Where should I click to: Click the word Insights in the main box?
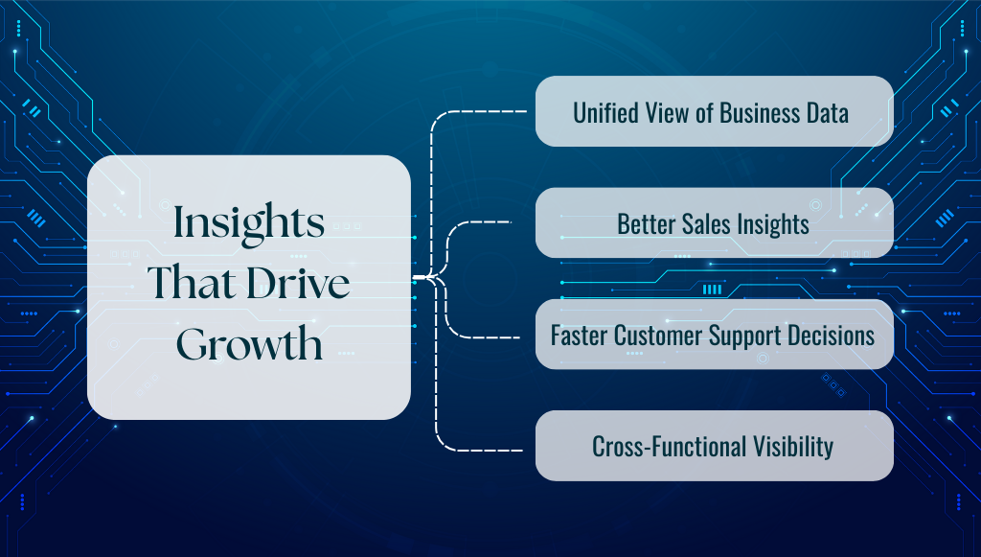(x=248, y=224)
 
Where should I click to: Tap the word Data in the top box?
(x=827, y=112)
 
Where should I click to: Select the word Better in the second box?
(x=645, y=224)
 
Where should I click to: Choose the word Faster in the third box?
(x=579, y=336)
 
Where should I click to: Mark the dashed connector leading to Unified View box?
(x=479, y=112)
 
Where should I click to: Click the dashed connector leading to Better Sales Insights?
(x=484, y=222)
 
